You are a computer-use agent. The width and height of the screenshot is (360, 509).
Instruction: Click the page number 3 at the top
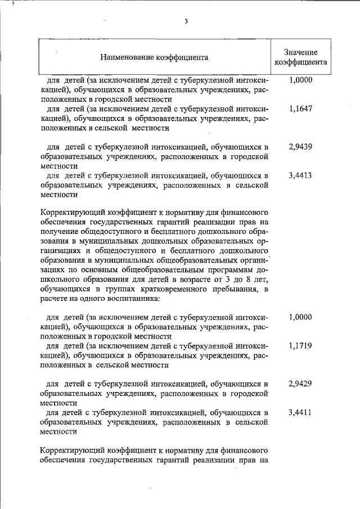(x=185, y=22)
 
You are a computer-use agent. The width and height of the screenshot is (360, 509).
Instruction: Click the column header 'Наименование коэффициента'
(x=155, y=57)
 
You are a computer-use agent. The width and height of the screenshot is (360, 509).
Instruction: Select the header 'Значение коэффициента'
(x=300, y=57)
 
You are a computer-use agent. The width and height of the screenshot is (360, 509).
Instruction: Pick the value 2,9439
(x=300, y=147)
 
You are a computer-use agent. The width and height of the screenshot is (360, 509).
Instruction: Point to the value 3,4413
(x=300, y=175)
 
